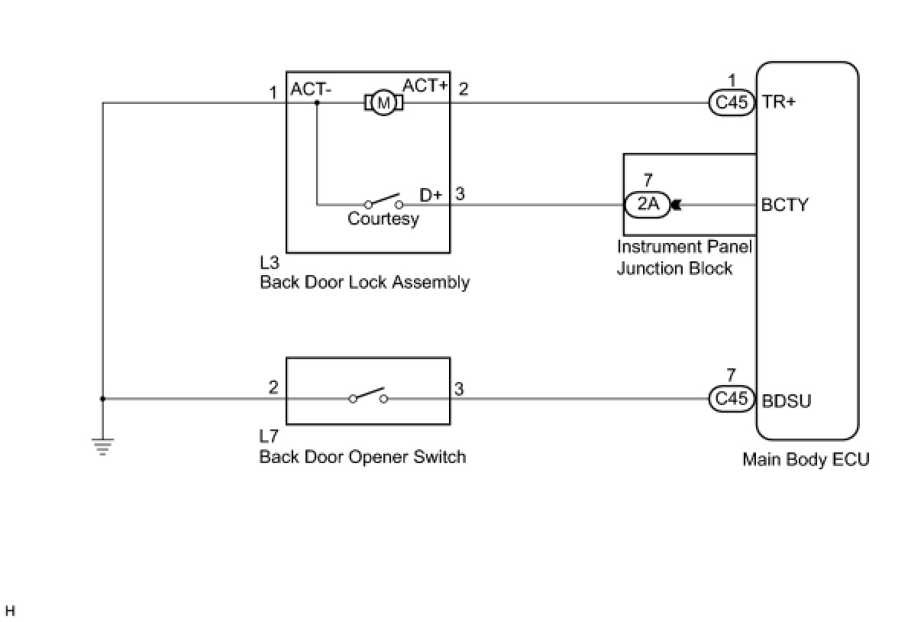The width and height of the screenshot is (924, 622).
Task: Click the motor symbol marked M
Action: (x=383, y=102)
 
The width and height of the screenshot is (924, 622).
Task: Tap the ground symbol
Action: (x=103, y=445)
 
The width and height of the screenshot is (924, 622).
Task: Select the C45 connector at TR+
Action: (x=732, y=102)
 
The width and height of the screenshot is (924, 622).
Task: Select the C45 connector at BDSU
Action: (x=732, y=399)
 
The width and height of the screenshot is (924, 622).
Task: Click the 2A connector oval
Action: (x=648, y=204)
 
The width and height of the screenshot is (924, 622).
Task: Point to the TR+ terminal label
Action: (x=779, y=102)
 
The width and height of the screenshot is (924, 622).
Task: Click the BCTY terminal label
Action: (x=784, y=205)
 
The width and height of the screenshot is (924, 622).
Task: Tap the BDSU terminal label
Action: (x=787, y=401)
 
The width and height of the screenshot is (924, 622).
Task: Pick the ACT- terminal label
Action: (x=311, y=89)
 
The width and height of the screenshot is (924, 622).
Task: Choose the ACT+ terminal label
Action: (x=425, y=86)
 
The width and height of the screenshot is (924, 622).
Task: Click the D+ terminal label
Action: (x=431, y=195)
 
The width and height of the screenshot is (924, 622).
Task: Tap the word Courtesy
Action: (x=383, y=219)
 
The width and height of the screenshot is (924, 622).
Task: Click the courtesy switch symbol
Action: (x=383, y=201)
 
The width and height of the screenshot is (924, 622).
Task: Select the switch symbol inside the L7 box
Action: (x=368, y=395)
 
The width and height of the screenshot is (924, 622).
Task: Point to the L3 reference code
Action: (x=270, y=263)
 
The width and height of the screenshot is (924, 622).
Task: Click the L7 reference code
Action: (x=269, y=436)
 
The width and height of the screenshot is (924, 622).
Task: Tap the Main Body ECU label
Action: (x=806, y=460)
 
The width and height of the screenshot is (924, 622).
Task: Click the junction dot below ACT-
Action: (x=317, y=102)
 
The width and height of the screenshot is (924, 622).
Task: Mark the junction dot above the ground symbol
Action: (x=103, y=399)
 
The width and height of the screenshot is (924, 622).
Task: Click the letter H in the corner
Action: (x=10, y=611)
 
